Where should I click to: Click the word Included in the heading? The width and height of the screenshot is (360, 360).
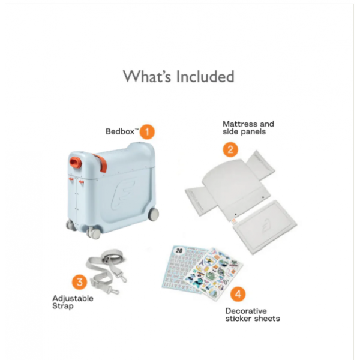pos(205,76)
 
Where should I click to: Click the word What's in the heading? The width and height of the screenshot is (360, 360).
pos(147,76)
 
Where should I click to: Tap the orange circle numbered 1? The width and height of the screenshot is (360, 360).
pos(147,132)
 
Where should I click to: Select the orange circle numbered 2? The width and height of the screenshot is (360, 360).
pos(230,149)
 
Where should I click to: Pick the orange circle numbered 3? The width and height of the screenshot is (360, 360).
pos(79,282)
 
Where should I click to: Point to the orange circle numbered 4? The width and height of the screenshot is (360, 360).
pos(238,294)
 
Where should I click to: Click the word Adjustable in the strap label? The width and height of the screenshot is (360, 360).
pos(73,299)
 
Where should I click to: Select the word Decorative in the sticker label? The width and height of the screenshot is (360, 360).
pos(246,311)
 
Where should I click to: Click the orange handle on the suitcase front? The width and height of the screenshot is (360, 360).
pos(76,163)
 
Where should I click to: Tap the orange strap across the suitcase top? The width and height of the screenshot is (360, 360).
pos(100,163)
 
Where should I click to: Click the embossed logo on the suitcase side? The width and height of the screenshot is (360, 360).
pos(122,194)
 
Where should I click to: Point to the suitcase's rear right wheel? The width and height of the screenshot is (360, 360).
pos(153,215)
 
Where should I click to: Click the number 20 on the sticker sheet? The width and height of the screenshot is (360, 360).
pos(179,250)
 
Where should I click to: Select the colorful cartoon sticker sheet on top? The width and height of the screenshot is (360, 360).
pos(214,273)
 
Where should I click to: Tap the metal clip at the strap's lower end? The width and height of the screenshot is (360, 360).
pos(113,290)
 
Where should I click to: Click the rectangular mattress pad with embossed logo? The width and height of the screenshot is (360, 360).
pos(265,227)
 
